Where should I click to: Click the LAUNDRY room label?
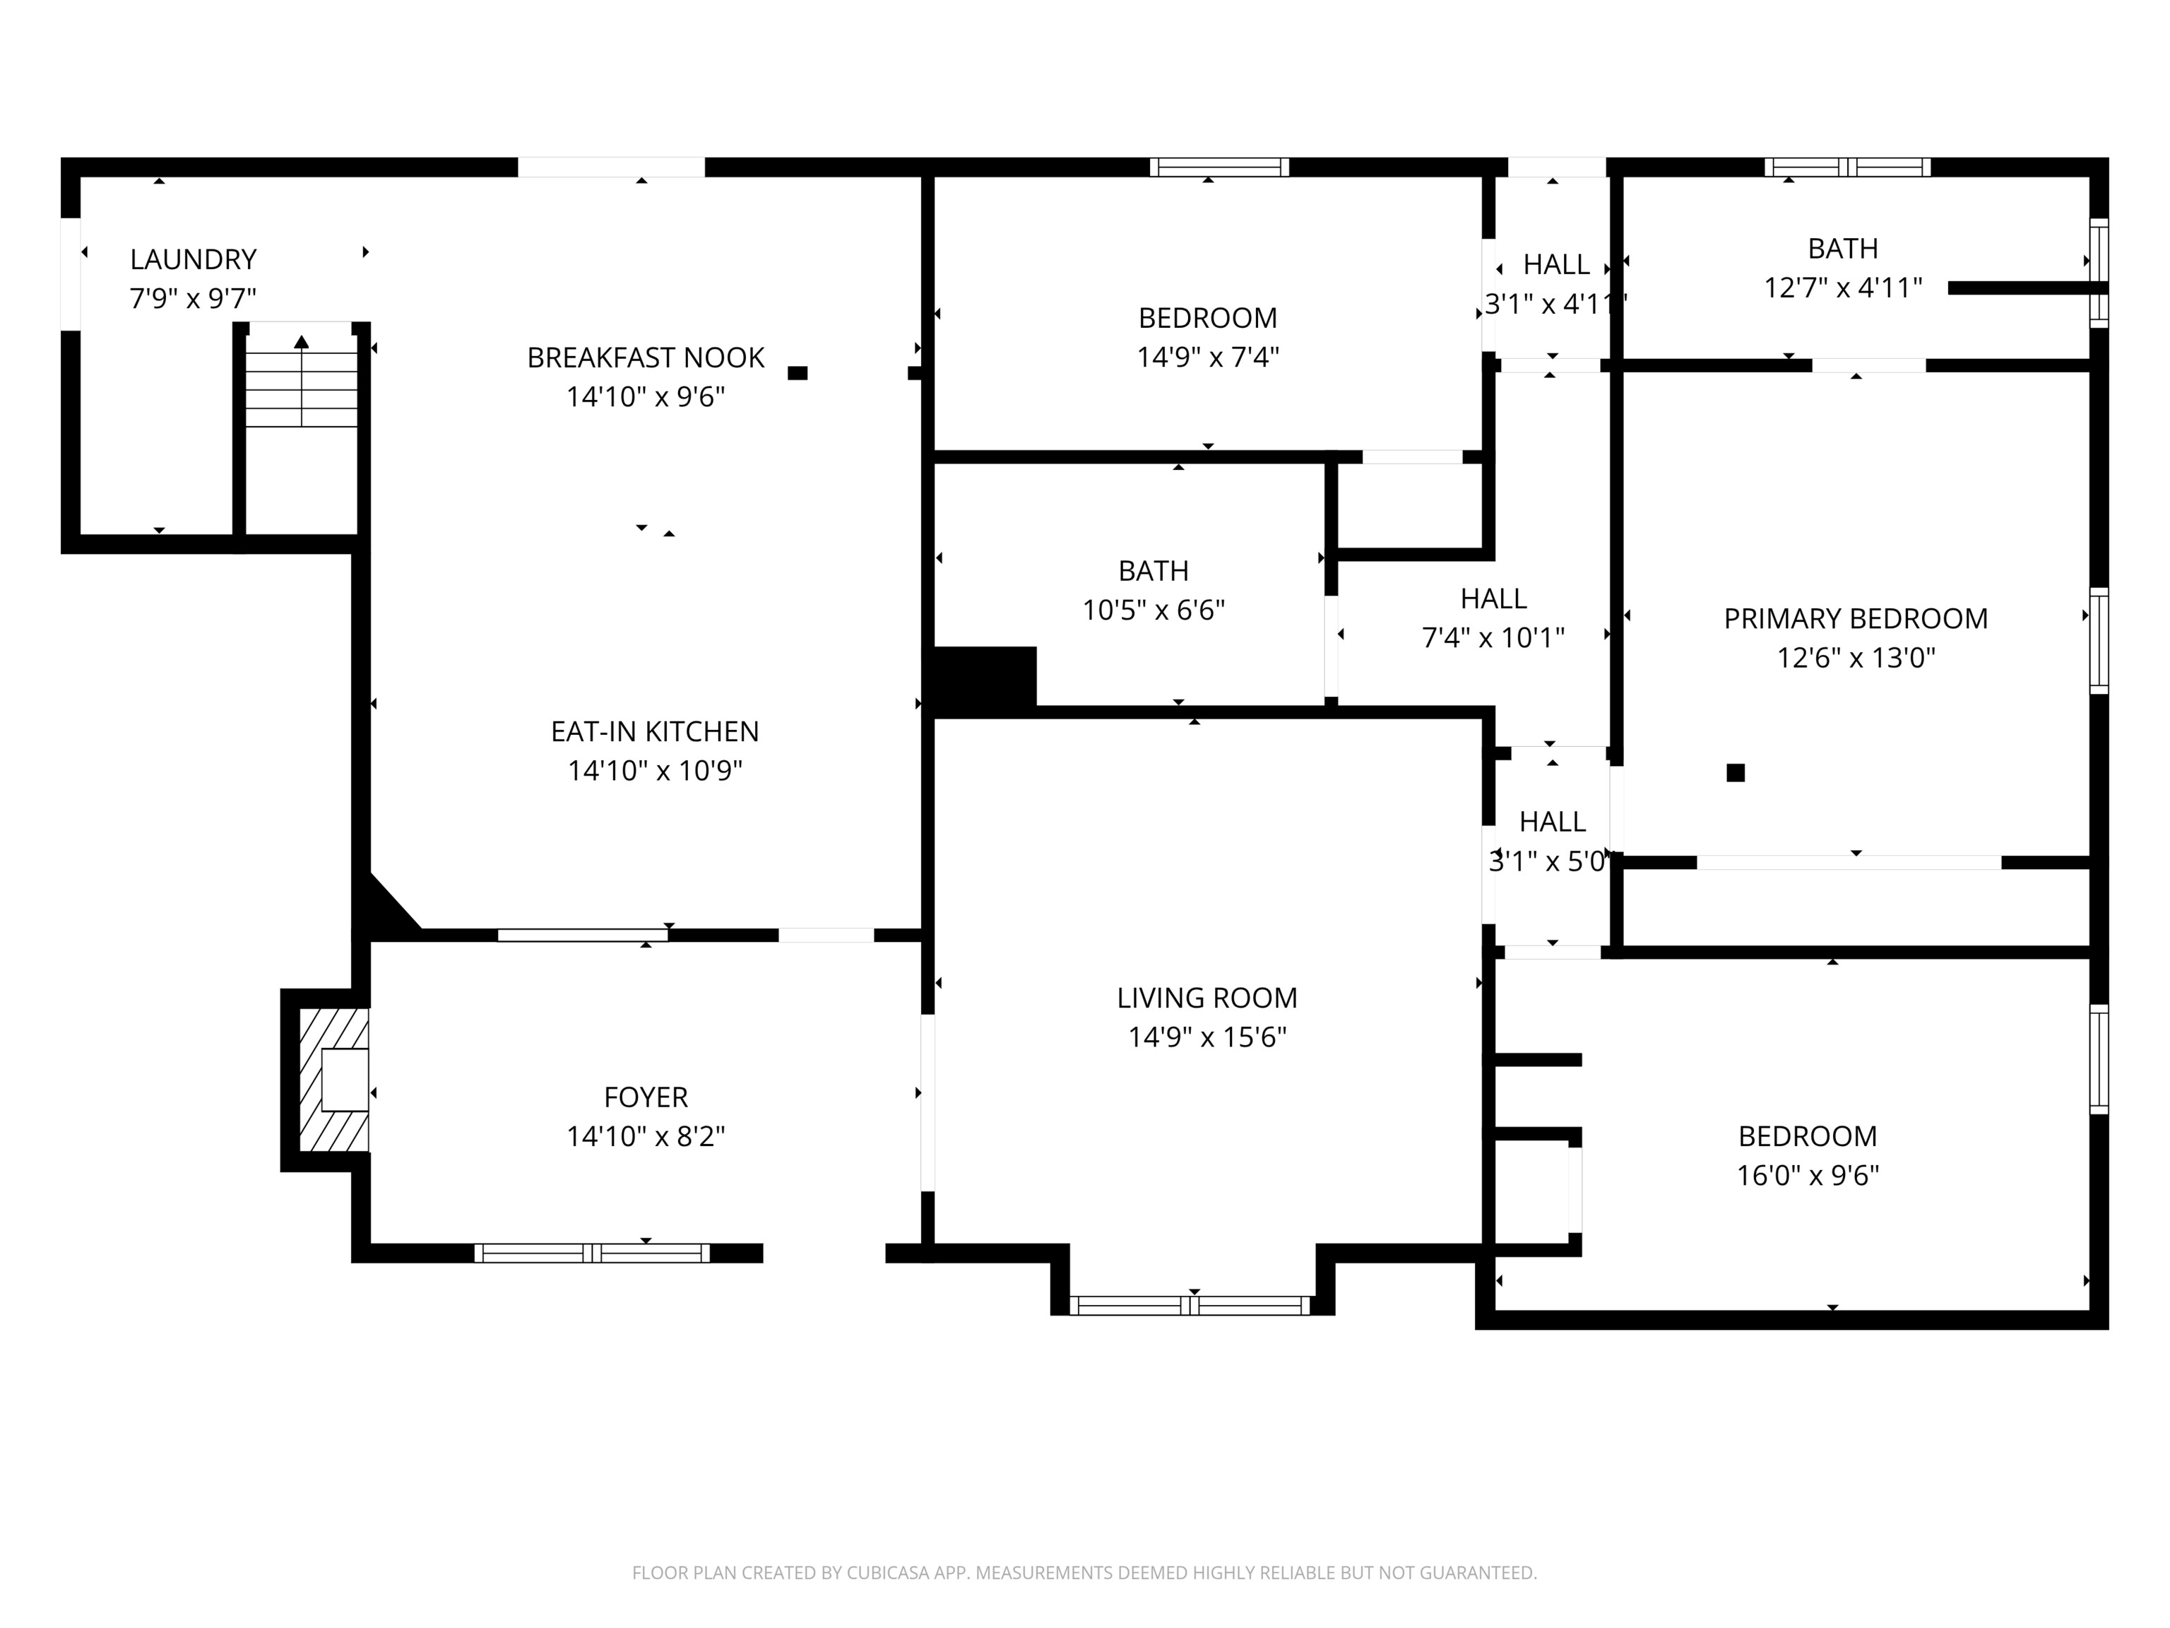(194, 259)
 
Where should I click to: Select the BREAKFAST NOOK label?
(646, 358)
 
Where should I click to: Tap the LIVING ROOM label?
(1206, 997)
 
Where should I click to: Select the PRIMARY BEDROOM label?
(1855, 618)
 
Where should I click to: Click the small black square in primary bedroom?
(1736, 772)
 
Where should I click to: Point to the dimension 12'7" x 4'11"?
(1842, 288)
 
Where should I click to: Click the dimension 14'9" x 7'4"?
(1208, 358)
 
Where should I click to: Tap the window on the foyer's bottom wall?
(591, 1252)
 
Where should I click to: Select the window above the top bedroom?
(1219, 167)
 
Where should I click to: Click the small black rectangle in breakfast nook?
(798, 373)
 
